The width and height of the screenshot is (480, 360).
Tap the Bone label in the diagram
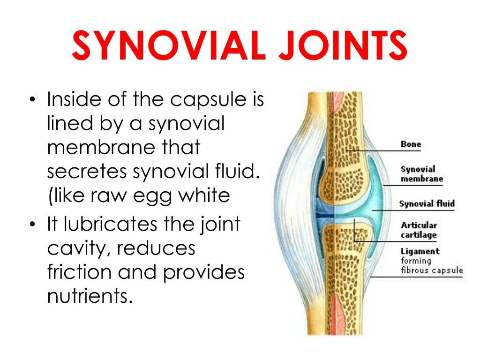coord(411,144)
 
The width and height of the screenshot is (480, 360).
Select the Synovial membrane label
coord(421,173)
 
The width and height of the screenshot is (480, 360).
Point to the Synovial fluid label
coord(427,203)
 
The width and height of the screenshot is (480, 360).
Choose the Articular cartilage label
coord(419,230)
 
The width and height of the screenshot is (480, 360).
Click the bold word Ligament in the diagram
coord(420,251)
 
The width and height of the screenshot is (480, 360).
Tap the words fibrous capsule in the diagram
coord(432,270)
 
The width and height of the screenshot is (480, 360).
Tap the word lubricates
coord(111,224)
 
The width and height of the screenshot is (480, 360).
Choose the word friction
coord(78,272)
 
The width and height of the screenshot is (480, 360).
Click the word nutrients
coord(88,296)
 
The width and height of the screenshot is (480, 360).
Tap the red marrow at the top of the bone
coord(337,101)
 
